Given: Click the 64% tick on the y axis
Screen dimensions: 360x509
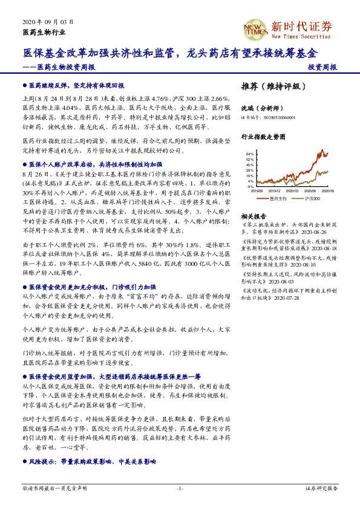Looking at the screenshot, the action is pos(250,154).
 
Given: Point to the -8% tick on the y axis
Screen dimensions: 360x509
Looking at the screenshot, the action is pos(250,187).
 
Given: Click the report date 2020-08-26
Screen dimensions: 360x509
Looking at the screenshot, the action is pos(312,231).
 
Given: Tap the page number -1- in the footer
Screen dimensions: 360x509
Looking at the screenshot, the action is pos(180,487).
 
